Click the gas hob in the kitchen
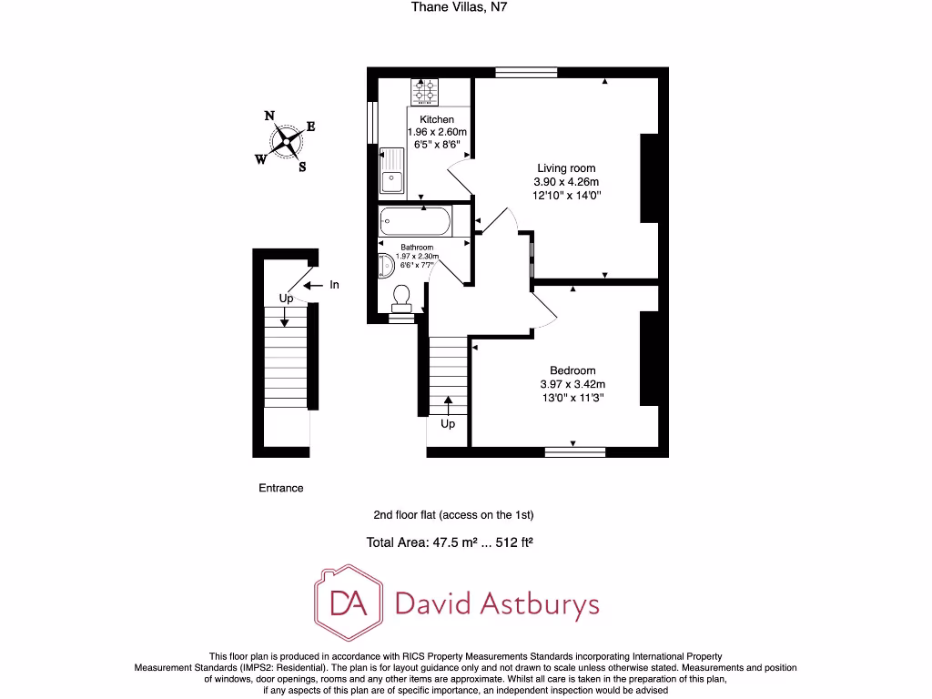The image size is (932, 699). coord(425,92)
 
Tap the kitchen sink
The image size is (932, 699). coord(391,170)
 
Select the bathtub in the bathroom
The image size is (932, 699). coord(414,221)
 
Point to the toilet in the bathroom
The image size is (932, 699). coord(400,299)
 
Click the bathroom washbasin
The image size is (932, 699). coord(385,265)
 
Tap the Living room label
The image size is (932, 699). coord(566,168)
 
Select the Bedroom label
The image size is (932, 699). coord(572,370)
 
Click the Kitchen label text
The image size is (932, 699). coord(437,120)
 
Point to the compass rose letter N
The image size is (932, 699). coord(269,116)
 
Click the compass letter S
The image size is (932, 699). coord(302,167)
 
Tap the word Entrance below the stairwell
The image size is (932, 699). coord(281,488)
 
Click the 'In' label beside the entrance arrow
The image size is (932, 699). coord(334,285)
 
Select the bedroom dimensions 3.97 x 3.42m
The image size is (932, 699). coord(572,384)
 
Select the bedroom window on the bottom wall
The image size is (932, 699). coord(574,450)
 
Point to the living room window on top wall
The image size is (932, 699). coord(526,72)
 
